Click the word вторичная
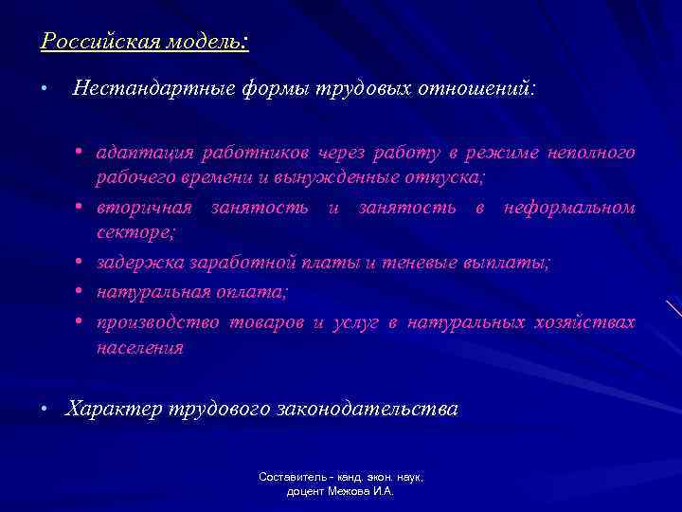click(x=142, y=208)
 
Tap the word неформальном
click(x=569, y=208)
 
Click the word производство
click(x=153, y=322)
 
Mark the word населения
click(x=139, y=347)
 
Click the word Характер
click(x=113, y=410)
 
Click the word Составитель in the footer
click(x=290, y=478)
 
